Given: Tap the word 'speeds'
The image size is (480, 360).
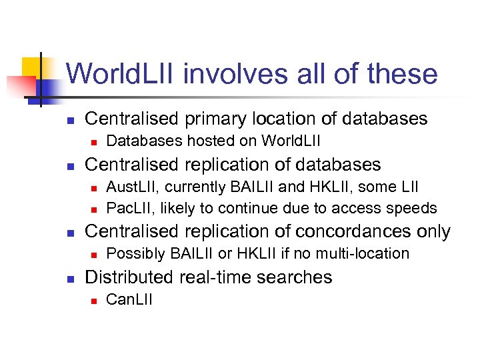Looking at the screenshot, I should tap(413, 208).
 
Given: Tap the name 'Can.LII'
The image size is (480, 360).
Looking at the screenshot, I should tap(129, 299).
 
